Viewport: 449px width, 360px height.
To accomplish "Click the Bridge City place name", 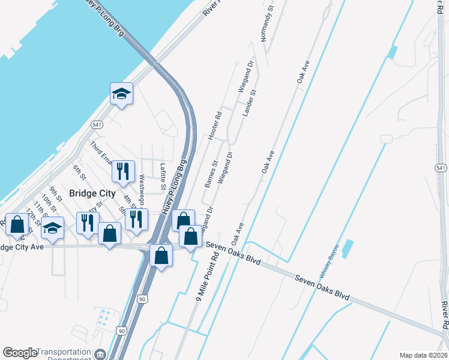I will [x=92, y=193].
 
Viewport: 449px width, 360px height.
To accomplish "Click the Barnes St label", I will [x=210, y=174].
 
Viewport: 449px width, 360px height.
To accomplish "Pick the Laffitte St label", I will [x=162, y=176].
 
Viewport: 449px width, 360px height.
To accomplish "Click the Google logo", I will [x=19, y=353].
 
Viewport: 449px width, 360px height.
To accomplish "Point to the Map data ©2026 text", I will [x=423, y=355].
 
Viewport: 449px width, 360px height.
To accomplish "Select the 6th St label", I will [x=79, y=172].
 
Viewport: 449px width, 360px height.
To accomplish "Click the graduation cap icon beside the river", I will [x=121, y=93].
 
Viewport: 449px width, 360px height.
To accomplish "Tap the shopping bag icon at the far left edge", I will [x=17, y=224].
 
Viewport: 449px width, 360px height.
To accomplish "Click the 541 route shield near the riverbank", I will [x=97, y=124].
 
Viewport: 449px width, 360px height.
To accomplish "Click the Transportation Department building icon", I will [x=100, y=355].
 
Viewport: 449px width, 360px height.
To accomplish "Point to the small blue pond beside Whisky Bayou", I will [x=347, y=249].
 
